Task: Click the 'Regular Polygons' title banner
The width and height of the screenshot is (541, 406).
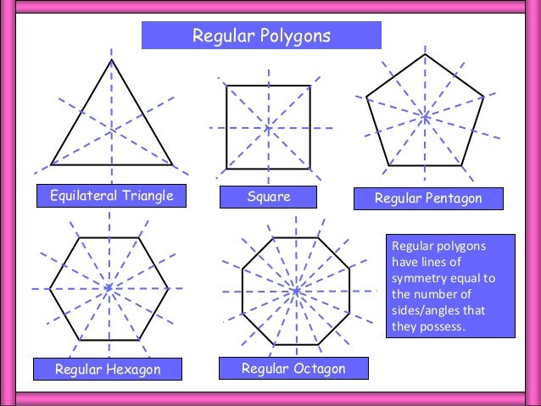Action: click(x=261, y=36)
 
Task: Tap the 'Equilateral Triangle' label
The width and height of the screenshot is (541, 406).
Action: click(x=111, y=197)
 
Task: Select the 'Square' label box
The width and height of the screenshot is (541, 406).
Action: click(x=268, y=197)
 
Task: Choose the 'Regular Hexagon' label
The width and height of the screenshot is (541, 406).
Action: click(x=108, y=370)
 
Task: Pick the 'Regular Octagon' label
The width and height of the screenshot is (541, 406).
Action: click(x=293, y=369)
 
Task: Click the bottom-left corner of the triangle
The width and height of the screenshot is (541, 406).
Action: click(x=51, y=164)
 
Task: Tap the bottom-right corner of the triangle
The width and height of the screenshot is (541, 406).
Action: click(x=172, y=164)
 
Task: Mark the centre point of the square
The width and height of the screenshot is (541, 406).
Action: click(x=268, y=128)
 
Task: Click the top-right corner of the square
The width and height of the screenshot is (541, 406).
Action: click(x=310, y=86)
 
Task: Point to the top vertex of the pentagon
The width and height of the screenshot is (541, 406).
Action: click(x=425, y=55)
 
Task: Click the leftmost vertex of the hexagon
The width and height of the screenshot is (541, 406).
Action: click(x=48, y=289)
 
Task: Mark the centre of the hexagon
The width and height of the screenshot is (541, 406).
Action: click(x=109, y=289)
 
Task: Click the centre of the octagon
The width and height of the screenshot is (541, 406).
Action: click(x=295, y=291)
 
